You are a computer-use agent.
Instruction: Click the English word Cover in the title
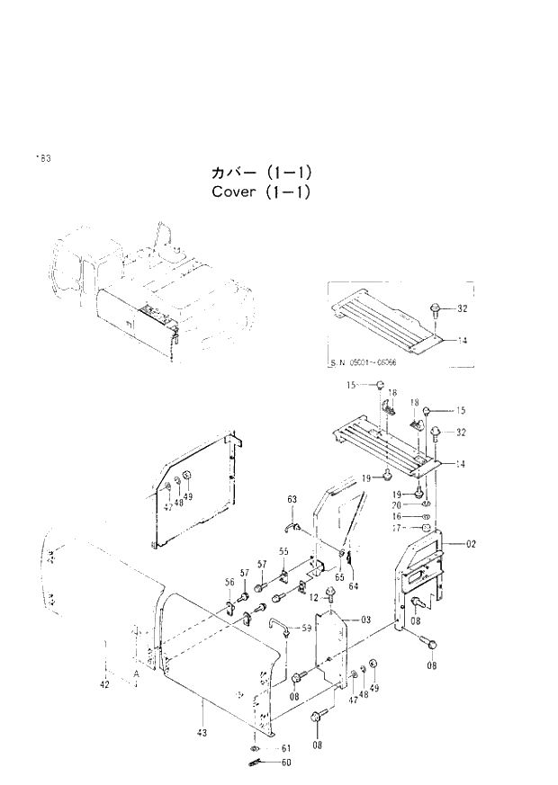(x=234, y=192)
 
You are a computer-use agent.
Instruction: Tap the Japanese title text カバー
(x=232, y=172)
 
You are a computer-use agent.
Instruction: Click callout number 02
(x=472, y=544)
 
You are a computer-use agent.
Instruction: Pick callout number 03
(x=365, y=620)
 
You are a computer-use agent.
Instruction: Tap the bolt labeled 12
(x=330, y=593)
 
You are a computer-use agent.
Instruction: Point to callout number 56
(x=229, y=584)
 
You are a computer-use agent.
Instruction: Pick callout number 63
(x=292, y=499)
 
